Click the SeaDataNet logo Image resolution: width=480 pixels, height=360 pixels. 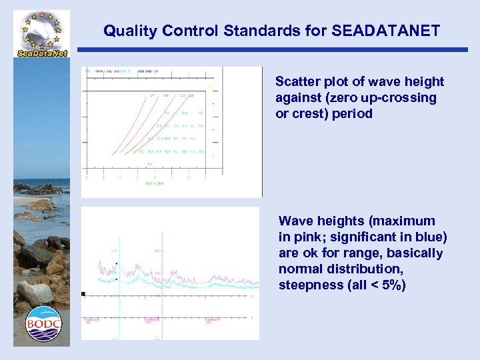click(41, 33)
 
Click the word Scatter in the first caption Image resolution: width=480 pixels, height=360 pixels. click(296, 82)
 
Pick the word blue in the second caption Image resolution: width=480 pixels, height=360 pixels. click(427, 237)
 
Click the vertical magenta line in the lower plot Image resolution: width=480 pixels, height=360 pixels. click(162, 280)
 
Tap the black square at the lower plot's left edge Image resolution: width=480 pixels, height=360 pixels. click(83, 293)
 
